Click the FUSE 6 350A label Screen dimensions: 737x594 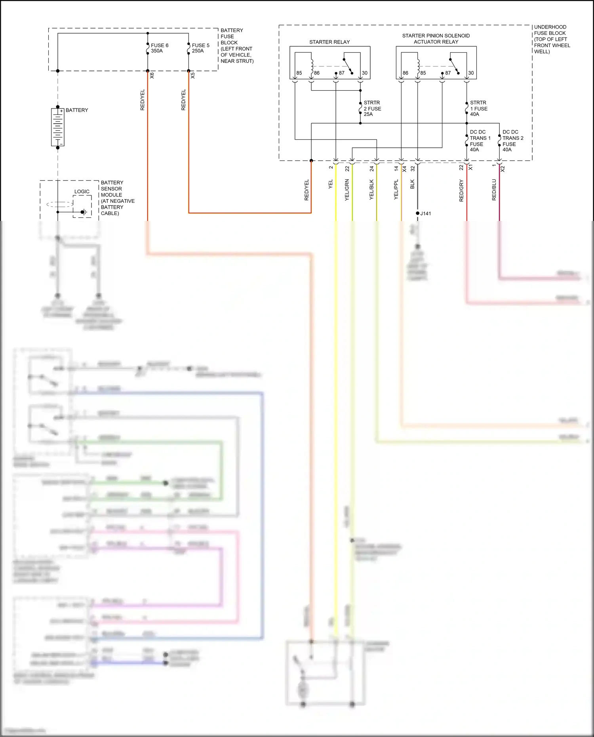coord(159,48)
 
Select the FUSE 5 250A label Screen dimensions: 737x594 coord(200,48)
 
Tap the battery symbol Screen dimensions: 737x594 coord(58,127)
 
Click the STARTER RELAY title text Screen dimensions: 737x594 coord(329,42)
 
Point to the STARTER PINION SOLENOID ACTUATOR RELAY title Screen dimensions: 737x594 coord(436,38)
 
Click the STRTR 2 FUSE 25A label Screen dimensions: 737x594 coord(372,108)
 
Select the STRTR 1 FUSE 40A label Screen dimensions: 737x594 coord(478,108)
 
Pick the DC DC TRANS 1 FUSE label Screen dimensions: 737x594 coord(480,141)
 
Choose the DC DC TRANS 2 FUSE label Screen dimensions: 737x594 coord(512,141)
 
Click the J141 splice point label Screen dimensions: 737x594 coord(426,213)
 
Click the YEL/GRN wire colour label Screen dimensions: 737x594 coord(347,190)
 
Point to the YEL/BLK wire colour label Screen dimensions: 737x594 coord(371,190)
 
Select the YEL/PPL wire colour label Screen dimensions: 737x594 coord(396,190)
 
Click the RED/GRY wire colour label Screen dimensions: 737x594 coord(461,190)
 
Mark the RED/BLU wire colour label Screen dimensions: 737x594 coord(494,190)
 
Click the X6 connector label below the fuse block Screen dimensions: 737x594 coord(152,75)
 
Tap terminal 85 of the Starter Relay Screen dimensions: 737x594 coord(299,73)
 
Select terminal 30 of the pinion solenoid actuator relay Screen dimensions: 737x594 coord(471,73)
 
